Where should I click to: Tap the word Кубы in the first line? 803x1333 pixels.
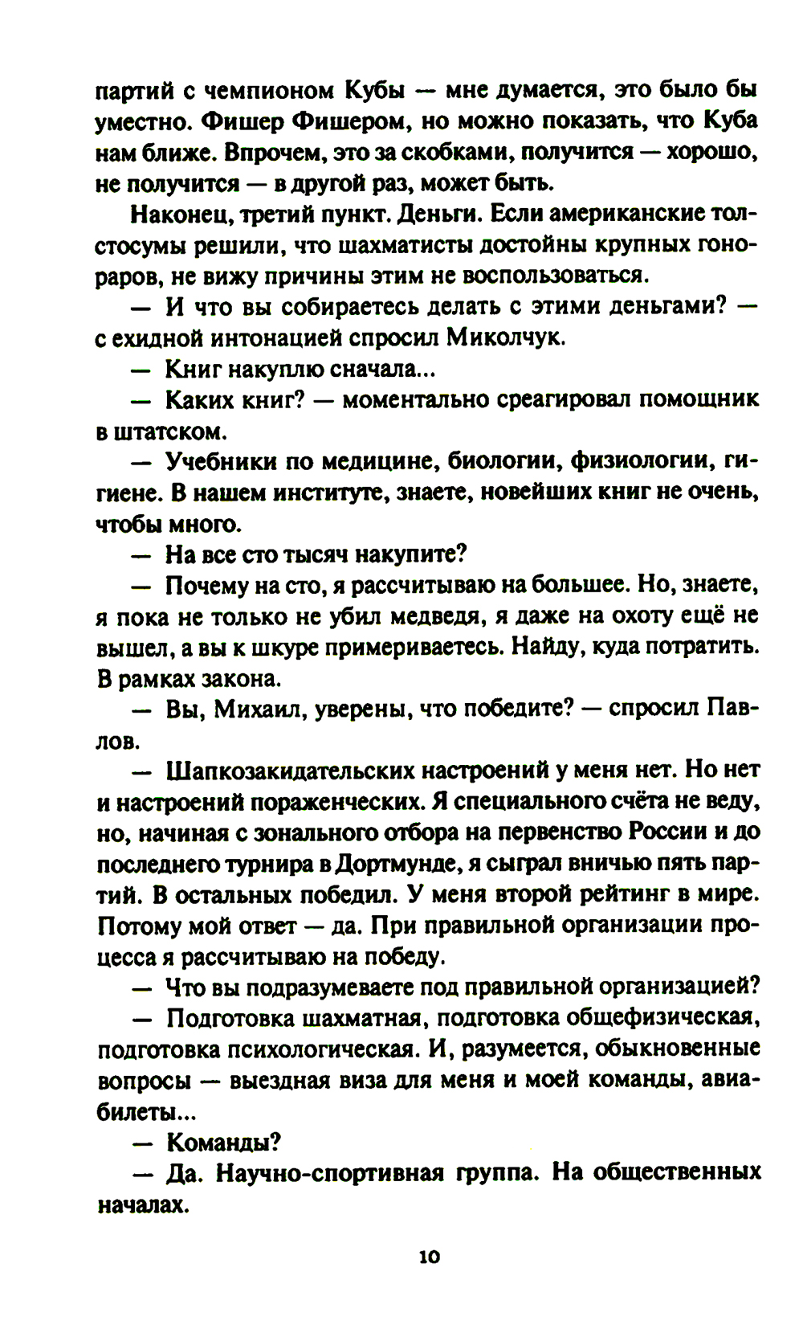point(378,90)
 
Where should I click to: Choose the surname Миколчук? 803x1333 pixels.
point(506,338)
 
